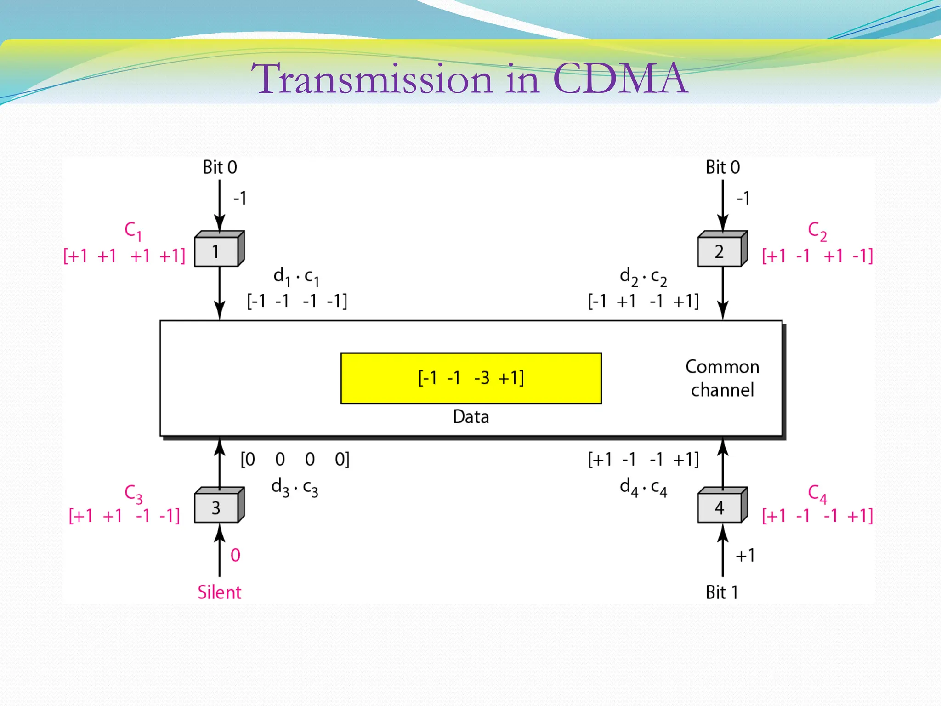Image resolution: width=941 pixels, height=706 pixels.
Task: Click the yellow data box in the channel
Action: click(471, 378)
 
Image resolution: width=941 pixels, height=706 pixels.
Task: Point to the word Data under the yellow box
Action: click(471, 417)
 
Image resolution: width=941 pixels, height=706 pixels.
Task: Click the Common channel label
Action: click(722, 378)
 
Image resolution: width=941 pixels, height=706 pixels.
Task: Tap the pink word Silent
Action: click(219, 592)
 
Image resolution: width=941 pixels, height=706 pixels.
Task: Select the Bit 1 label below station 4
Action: click(722, 592)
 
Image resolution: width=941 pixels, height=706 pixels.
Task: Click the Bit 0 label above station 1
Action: click(220, 167)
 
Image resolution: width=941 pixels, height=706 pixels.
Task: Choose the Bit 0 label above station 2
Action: click(723, 167)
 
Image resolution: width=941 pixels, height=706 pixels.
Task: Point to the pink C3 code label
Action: click(133, 494)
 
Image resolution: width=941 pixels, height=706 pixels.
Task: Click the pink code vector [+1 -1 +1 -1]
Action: click(817, 256)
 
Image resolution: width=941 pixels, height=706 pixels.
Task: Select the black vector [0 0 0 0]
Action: click(295, 459)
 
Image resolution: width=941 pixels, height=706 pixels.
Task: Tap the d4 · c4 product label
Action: click(643, 487)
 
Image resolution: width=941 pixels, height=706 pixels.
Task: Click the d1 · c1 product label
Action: click(296, 277)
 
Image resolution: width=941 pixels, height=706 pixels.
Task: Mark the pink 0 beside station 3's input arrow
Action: click(235, 555)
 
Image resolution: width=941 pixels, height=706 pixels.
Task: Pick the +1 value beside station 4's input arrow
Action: click(745, 555)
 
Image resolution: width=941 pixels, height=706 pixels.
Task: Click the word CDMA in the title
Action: click(620, 79)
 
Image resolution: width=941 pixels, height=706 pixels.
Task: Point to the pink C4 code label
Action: click(817, 494)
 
